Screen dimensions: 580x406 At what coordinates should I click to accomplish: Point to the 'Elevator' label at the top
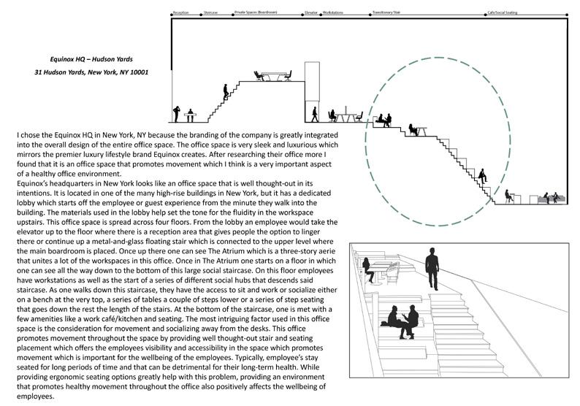[x=310, y=13]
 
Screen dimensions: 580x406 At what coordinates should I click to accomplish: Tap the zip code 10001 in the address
[x=140, y=72]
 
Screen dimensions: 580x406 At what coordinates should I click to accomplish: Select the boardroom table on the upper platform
[x=273, y=76]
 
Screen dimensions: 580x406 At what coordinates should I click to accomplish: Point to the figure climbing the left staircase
[x=226, y=91]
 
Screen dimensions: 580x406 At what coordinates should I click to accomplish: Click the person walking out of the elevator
[x=316, y=115]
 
